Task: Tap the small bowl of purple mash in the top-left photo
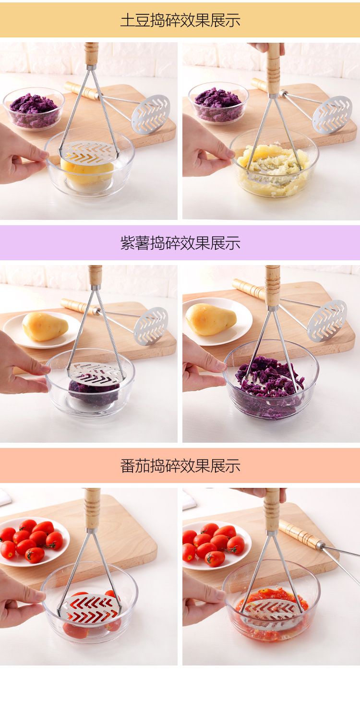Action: (34, 108)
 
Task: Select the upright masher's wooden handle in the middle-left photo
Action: (95, 276)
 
